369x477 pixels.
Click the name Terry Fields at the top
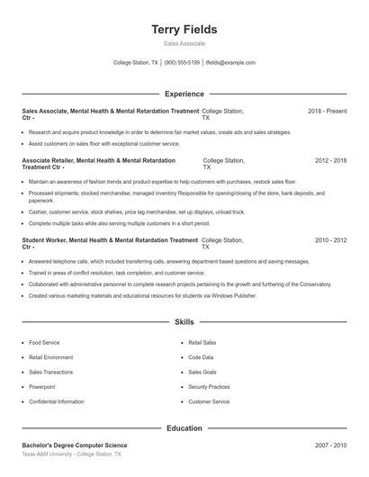(x=184, y=30)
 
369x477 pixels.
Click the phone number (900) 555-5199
(x=182, y=63)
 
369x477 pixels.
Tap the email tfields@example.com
(x=230, y=63)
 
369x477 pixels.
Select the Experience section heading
(x=184, y=94)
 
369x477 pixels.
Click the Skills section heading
(x=184, y=321)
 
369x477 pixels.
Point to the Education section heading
(x=184, y=428)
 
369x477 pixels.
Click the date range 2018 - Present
(x=327, y=111)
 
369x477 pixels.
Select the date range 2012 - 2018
(x=330, y=160)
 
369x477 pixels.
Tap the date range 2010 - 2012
(x=330, y=240)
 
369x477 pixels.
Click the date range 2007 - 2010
(x=330, y=445)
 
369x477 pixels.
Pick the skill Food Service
(x=44, y=343)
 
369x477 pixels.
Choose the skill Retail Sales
(x=202, y=343)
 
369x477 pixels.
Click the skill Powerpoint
(x=42, y=387)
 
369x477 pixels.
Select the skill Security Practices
(x=209, y=387)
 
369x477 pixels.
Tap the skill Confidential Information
(x=56, y=401)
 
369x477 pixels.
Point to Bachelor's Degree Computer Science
(x=75, y=445)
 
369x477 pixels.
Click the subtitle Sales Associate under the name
(x=184, y=43)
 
